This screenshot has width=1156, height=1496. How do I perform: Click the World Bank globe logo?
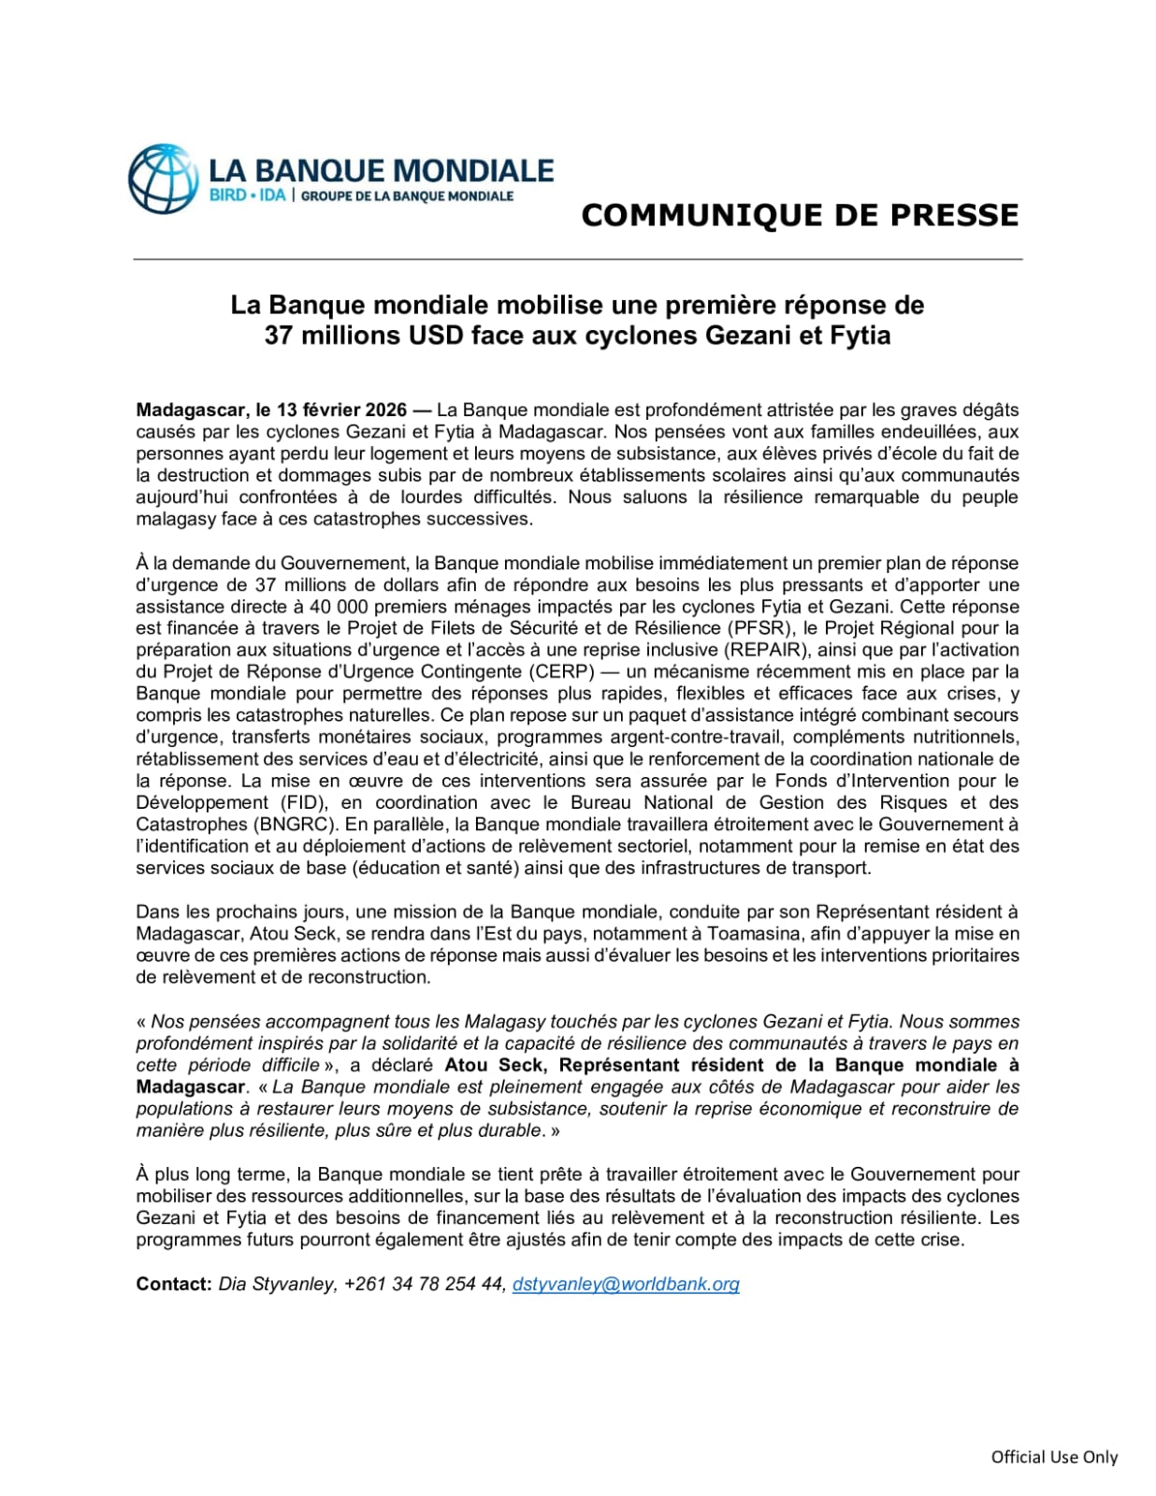coord(164,179)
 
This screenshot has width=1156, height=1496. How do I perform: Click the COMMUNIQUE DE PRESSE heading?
coord(799,215)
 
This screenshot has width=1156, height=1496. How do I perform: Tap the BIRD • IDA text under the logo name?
coord(247,196)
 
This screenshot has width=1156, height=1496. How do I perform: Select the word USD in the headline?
coord(436,336)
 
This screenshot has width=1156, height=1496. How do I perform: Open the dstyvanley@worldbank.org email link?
coord(626,1284)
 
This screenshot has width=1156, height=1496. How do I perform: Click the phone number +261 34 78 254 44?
coord(425,1284)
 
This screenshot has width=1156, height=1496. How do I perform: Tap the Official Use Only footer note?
coord(1054,1457)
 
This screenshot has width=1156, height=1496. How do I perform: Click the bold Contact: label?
coord(174,1284)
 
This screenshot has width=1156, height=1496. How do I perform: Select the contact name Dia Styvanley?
coord(275,1284)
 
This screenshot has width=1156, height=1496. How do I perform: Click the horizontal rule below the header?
coord(577,259)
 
